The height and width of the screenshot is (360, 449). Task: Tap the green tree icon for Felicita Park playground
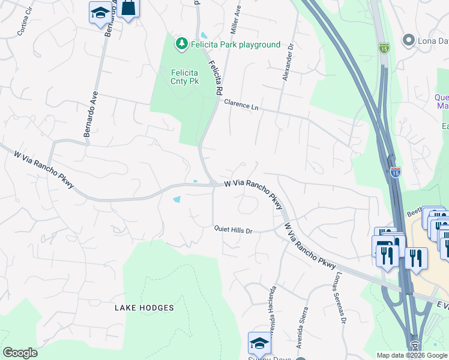click(x=181, y=44)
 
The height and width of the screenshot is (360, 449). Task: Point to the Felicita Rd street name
click(x=215, y=77)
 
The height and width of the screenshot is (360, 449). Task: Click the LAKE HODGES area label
click(x=145, y=308)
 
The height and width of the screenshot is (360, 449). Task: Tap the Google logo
click(x=20, y=353)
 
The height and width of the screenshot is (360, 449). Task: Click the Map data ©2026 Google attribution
click(x=412, y=355)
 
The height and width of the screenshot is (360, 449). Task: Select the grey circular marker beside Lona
click(x=409, y=40)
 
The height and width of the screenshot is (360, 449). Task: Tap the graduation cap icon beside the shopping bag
click(x=100, y=12)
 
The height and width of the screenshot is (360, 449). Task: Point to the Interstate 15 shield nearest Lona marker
click(x=384, y=47)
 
